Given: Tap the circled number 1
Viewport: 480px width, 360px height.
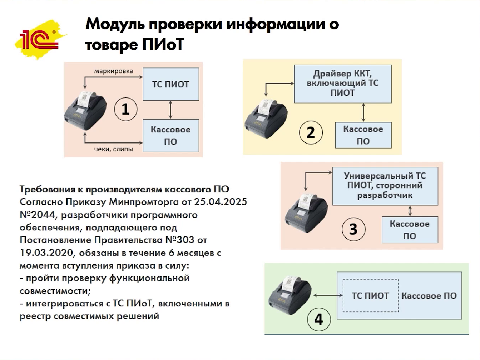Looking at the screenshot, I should point(125,109).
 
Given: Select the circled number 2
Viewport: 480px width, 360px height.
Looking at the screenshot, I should point(311,132).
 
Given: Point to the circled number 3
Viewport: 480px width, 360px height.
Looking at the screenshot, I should point(353,229).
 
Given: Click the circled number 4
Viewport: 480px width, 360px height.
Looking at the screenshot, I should point(318,319).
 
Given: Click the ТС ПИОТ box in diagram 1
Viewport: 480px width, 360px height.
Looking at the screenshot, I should point(170,84).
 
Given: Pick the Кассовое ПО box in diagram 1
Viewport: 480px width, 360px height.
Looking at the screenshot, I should point(170,135).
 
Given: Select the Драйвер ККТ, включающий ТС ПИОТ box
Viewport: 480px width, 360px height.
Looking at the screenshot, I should point(342,84).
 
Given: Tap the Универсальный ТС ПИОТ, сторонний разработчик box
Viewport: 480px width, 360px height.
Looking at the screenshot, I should point(385,186).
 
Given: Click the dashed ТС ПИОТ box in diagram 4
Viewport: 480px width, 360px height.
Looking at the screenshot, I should point(370,295).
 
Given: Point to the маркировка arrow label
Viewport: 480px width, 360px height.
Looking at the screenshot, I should point(113,71).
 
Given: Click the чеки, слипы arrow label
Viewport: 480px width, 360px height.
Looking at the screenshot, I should point(113,149).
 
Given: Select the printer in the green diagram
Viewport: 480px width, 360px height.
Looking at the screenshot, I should point(290,295).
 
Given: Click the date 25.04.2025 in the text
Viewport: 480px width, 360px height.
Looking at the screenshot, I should point(220,202).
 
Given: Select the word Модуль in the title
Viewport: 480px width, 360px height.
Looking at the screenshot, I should point(115,24).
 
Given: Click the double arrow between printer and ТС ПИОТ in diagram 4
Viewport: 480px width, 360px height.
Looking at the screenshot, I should point(328,295).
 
